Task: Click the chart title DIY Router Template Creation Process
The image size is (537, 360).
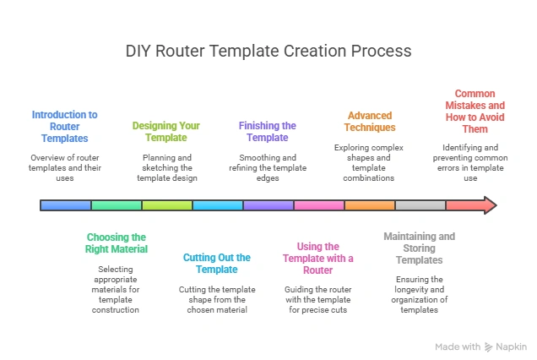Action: click(x=268, y=51)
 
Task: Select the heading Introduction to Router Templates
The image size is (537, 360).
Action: click(x=65, y=126)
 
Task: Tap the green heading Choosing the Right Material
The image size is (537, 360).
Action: click(x=117, y=243)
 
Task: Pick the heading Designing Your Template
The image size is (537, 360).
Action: click(x=166, y=132)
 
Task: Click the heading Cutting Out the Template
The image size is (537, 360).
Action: click(x=217, y=263)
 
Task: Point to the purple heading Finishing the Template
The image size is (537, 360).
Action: click(x=267, y=132)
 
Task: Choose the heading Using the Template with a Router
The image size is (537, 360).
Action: click(x=318, y=258)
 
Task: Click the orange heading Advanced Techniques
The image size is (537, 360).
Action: click(x=370, y=121)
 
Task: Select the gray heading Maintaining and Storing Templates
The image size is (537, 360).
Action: click(x=419, y=248)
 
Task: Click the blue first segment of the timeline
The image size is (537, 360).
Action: click(x=66, y=205)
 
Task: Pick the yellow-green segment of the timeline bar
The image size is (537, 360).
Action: click(x=167, y=205)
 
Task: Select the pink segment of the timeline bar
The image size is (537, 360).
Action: click(x=319, y=205)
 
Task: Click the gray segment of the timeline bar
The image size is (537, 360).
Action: click(x=420, y=205)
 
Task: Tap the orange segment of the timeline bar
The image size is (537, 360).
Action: click(x=370, y=205)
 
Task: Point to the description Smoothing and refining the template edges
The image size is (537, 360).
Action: click(x=267, y=167)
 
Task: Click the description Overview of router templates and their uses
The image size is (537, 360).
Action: click(x=65, y=167)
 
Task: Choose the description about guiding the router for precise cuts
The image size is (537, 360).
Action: click(x=318, y=298)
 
